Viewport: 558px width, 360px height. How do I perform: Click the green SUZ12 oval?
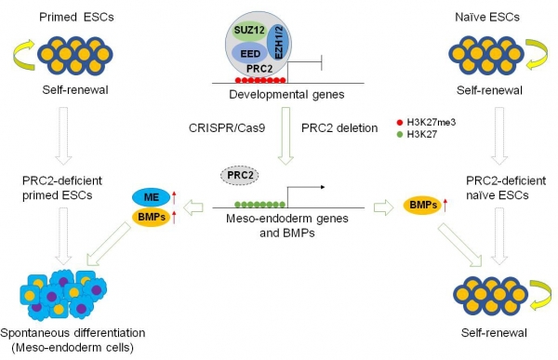[x=249, y=31]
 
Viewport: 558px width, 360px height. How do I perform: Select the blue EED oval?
[x=250, y=53]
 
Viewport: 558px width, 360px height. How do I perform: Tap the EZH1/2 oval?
[x=279, y=43]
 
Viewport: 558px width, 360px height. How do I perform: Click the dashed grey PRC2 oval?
[x=240, y=176]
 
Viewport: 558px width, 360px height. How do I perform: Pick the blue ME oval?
[x=152, y=197]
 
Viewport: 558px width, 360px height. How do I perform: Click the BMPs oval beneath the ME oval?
[x=152, y=217]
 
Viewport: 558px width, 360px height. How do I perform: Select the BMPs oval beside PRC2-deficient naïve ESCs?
[x=422, y=205]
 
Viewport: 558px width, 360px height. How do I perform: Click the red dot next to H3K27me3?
[x=400, y=123]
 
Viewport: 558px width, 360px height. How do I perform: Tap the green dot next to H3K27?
[x=400, y=135]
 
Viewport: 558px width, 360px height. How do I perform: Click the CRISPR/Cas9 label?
[x=227, y=127]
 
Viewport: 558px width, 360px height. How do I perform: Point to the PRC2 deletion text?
[x=339, y=127]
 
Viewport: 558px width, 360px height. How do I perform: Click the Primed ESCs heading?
[x=76, y=17]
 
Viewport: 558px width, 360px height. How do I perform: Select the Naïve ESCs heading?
[x=487, y=17]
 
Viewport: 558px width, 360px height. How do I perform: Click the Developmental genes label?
[x=286, y=95]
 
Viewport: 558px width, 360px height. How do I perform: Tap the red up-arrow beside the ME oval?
[x=174, y=197]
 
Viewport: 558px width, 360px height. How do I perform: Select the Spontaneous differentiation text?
[x=73, y=333]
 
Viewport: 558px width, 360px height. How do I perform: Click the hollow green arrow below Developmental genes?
[x=286, y=136]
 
